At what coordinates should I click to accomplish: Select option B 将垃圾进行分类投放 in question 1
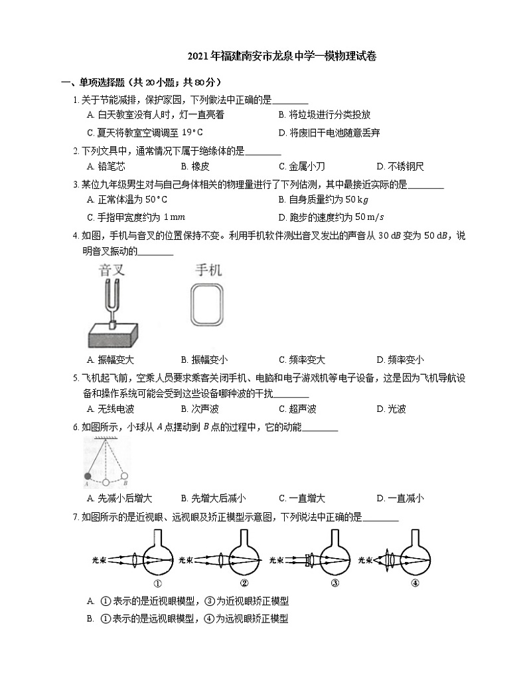point(325,114)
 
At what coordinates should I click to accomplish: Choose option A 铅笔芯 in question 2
point(106,166)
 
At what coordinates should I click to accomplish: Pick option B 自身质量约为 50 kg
point(324,199)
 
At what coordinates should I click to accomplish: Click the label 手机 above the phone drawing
point(208,270)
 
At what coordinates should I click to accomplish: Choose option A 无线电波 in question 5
point(111,409)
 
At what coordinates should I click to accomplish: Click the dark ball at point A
point(87,476)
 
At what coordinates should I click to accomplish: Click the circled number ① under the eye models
point(157,584)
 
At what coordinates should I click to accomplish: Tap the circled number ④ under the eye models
point(415,584)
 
